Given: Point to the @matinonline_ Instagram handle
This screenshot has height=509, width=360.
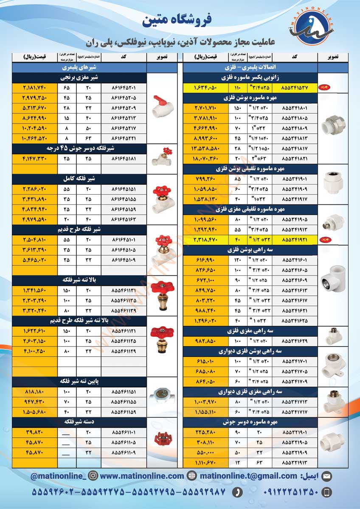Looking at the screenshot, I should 58,476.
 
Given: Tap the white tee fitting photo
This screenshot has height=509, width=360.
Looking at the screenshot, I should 332,280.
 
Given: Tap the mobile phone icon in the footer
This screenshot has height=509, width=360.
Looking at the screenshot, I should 326,492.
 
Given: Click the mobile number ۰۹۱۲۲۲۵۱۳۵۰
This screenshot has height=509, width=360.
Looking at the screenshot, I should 290,492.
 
